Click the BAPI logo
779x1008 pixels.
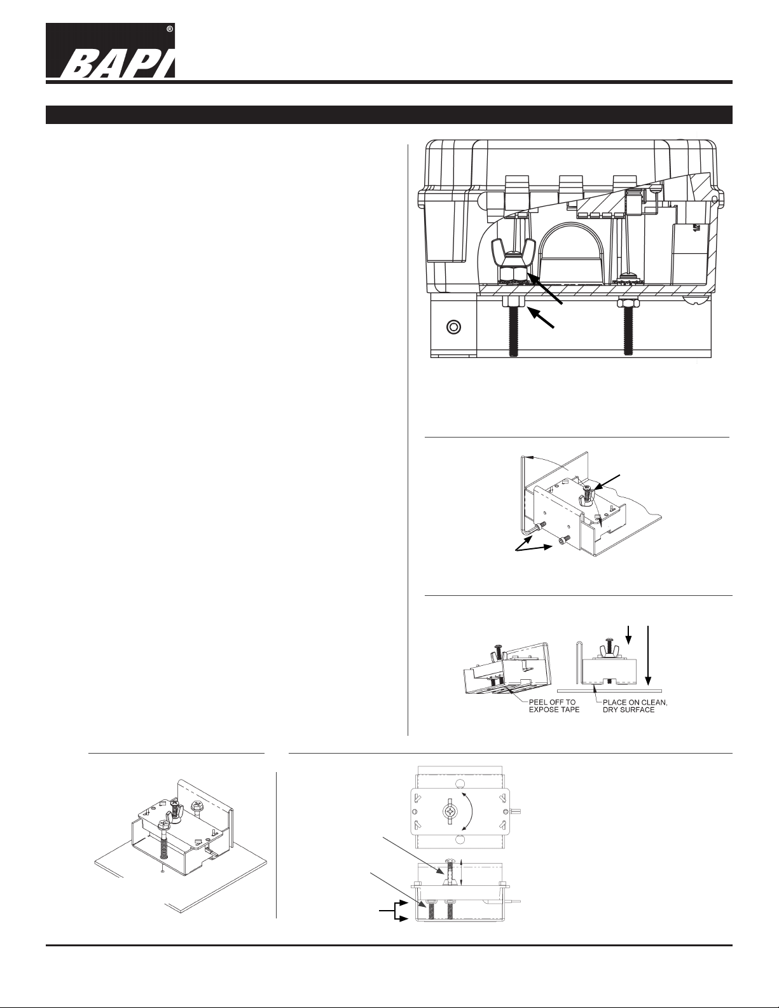(x=111, y=50)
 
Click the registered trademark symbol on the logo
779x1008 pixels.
(x=170, y=29)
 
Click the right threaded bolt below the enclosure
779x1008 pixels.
(x=628, y=331)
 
